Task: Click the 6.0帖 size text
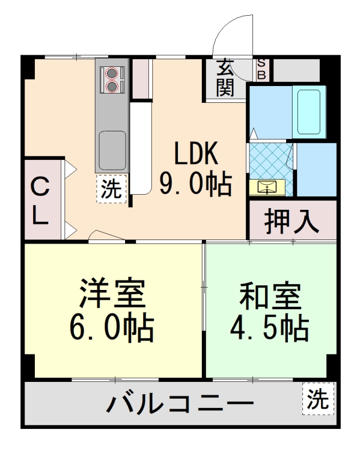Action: pos(112,328)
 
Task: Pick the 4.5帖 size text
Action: pos(271,330)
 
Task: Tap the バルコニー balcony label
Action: pos(181,403)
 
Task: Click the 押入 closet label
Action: pos(293,220)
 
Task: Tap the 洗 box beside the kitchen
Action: pos(111,189)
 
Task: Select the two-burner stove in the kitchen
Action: pos(112,80)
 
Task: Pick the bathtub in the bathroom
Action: pos(308,112)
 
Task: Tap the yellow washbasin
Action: pos(266,187)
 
